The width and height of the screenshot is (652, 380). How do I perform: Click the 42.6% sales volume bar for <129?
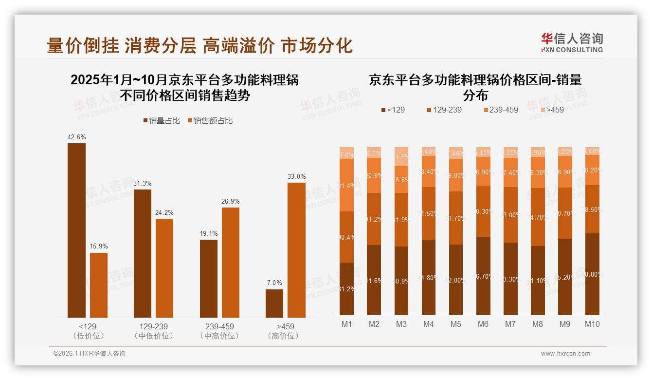click(x=76, y=230)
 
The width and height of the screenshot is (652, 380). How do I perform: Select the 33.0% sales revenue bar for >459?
click(x=296, y=250)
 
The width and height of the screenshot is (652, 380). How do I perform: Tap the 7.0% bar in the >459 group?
click(x=274, y=303)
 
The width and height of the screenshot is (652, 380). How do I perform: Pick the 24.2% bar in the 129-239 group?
click(x=164, y=268)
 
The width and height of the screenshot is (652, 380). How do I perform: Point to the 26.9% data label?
click(x=230, y=202)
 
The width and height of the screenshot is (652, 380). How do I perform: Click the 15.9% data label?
click(x=98, y=247)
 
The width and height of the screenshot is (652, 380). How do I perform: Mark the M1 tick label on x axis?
click(x=346, y=324)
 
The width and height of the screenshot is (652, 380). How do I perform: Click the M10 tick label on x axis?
click(x=592, y=324)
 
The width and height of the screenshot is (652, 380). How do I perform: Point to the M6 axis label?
click(x=483, y=324)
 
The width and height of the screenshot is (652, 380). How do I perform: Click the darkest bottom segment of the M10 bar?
click(x=592, y=274)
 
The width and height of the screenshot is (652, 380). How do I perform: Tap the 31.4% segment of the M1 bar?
click(x=346, y=185)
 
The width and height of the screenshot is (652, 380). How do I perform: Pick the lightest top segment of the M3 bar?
click(x=401, y=156)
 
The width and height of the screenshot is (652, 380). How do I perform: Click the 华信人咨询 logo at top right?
click(x=572, y=42)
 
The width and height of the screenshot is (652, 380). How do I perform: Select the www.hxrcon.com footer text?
click(x=565, y=354)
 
